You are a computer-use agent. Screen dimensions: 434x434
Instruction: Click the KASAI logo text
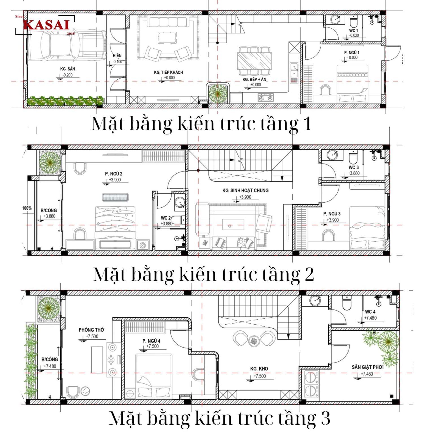pyautogui.click(x=46, y=25)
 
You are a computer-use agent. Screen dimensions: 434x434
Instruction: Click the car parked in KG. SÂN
pyautogui.click(x=66, y=45)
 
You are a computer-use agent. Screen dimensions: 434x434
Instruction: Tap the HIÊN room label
pyautogui.click(x=117, y=56)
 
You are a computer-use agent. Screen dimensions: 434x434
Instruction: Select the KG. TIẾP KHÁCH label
pyautogui.click(x=168, y=72)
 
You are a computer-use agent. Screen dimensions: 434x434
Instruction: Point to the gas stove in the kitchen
pyautogui.click(x=266, y=97)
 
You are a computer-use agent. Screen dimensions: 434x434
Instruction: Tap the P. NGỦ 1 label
pyautogui.click(x=351, y=53)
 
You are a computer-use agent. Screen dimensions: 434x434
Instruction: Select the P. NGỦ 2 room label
pyautogui.click(x=114, y=174)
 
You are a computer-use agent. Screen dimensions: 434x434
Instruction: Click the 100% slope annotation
pyautogui.click(x=27, y=208)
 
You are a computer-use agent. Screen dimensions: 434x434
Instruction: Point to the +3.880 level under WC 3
pyautogui.click(x=353, y=173)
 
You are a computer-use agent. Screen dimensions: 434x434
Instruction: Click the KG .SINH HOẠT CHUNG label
pyautogui.click(x=245, y=190)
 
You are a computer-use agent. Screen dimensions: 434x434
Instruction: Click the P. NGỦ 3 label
pyautogui.click(x=332, y=214)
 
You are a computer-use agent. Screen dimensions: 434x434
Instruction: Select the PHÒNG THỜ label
pyautogui.click(x=91, y=330)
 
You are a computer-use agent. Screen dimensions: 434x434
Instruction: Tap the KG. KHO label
pyautogui.click(x=259, y=369)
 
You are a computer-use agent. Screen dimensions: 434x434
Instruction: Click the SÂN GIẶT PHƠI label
pyautogui.click(x=367, y=367)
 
